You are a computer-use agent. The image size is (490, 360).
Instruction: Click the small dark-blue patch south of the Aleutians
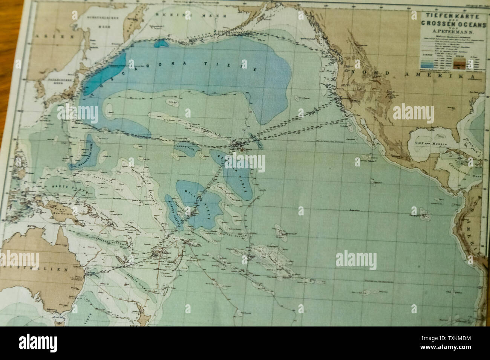click(161, 43)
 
